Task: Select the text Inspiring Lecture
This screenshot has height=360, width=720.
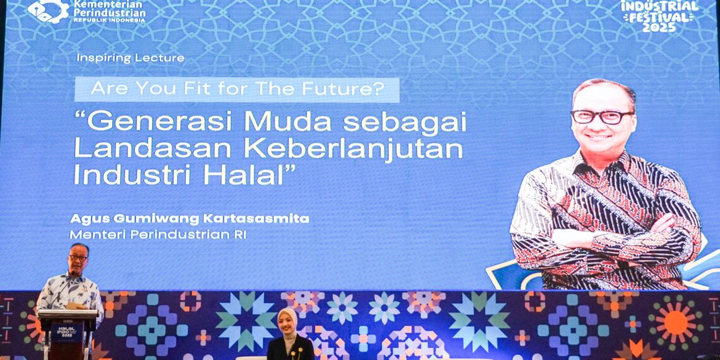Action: coord(131,58)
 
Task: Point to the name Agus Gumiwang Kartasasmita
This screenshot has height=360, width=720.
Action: coord(189,219)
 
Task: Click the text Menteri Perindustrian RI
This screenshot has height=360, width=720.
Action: coord(158,234)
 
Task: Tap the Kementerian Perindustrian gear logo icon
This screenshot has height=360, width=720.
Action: coord(49,10)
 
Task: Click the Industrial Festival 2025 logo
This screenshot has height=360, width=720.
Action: coord(659,15)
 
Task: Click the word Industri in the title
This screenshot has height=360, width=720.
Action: coord(116,174)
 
